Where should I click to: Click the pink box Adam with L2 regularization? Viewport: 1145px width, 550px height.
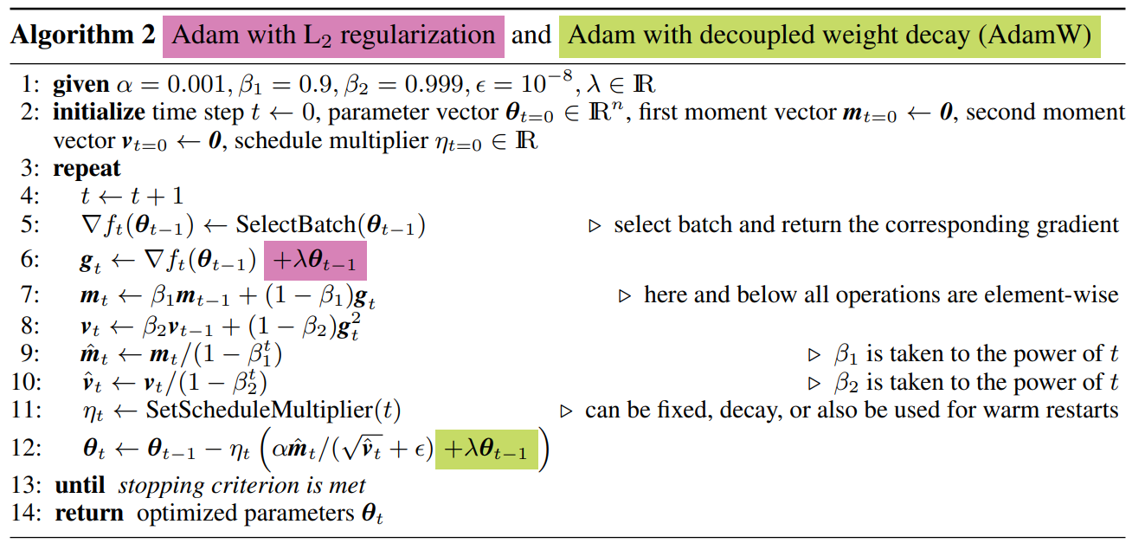(333, 36)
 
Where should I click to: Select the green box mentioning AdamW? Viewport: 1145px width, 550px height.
(829, 36)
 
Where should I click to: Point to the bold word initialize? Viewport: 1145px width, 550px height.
(99, 113)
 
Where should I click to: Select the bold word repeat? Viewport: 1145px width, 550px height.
(87, 168)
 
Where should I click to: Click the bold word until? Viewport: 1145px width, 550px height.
(80, 485)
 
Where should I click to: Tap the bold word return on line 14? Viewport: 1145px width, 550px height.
(89, 513)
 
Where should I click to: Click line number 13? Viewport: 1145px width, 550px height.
(30, 485)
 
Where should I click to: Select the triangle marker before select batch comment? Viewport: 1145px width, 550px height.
(595, 226)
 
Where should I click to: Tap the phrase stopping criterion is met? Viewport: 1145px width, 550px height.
(241, 485)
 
